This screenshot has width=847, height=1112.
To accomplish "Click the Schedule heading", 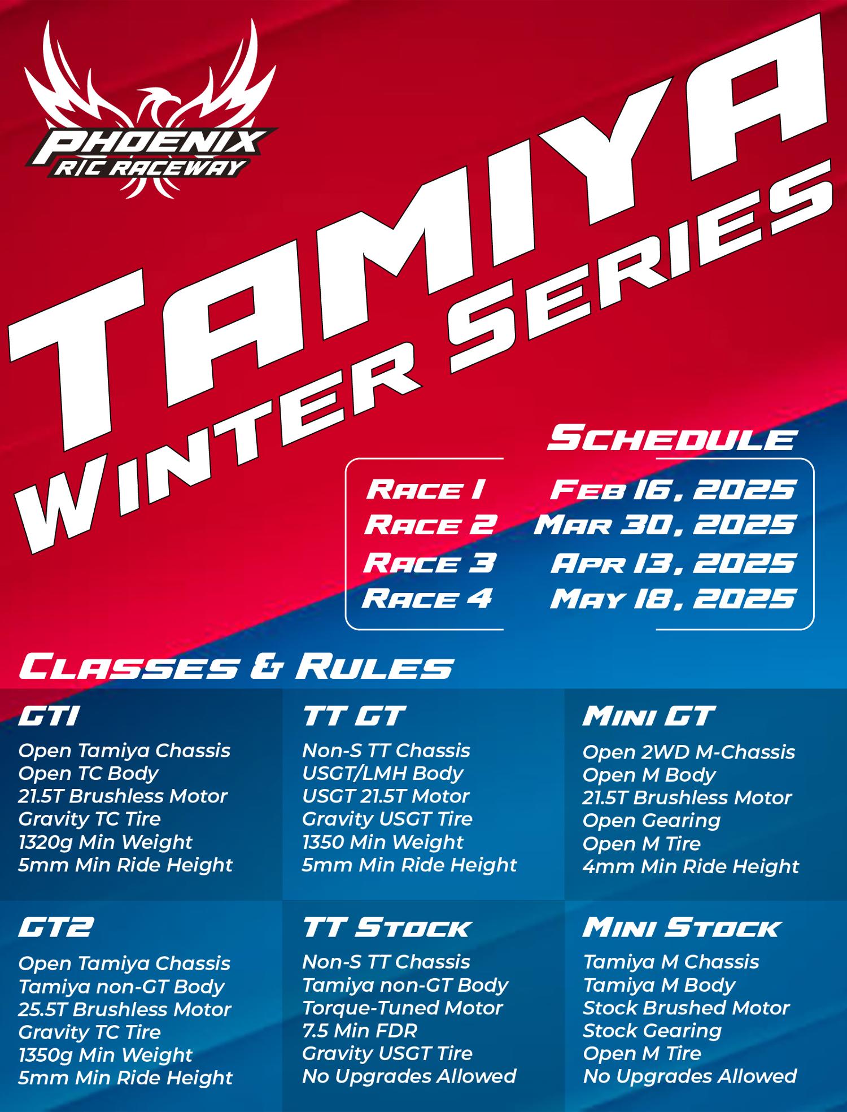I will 672,440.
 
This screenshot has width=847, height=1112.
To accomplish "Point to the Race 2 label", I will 430,525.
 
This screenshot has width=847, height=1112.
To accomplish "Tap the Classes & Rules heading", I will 236,668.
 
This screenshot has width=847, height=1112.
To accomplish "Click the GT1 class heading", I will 48,717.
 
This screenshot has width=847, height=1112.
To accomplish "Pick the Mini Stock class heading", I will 681,928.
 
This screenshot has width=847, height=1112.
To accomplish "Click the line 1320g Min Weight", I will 105,842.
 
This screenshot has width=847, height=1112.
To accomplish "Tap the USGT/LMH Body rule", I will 382,773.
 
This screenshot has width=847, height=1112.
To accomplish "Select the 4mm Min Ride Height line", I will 691,866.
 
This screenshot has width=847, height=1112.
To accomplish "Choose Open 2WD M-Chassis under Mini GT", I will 688,752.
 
